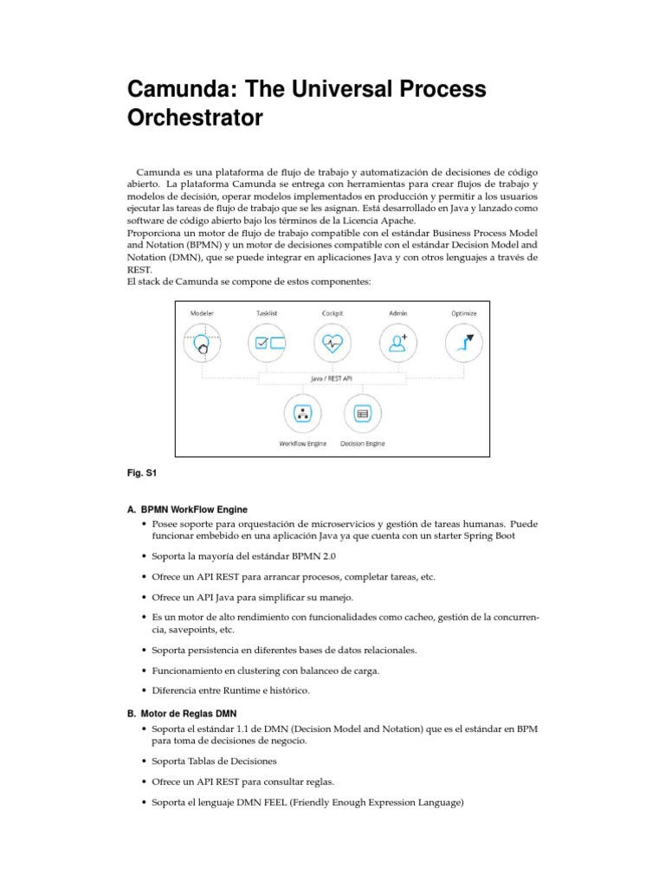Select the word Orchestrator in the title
pos(195,119)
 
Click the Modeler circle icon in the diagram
pos(201,343)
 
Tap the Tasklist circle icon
pos(267,343)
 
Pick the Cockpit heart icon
pos(332,343)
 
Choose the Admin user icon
pos(398,343)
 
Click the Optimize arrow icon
pos(464,343)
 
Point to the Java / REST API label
pos(332,378)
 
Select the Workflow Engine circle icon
pos(302,413)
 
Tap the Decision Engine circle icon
pos(362,413)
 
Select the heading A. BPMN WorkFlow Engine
pos(186,510)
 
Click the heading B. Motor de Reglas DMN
pos(182,714)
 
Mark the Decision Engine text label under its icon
pos(362,443)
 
